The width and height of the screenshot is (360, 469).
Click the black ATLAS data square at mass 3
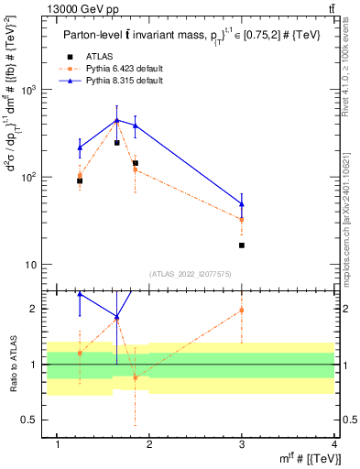point(242,245)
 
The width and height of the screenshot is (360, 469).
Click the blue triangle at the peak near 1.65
point(117,120)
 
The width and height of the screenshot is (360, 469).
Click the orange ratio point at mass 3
point(242,311)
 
